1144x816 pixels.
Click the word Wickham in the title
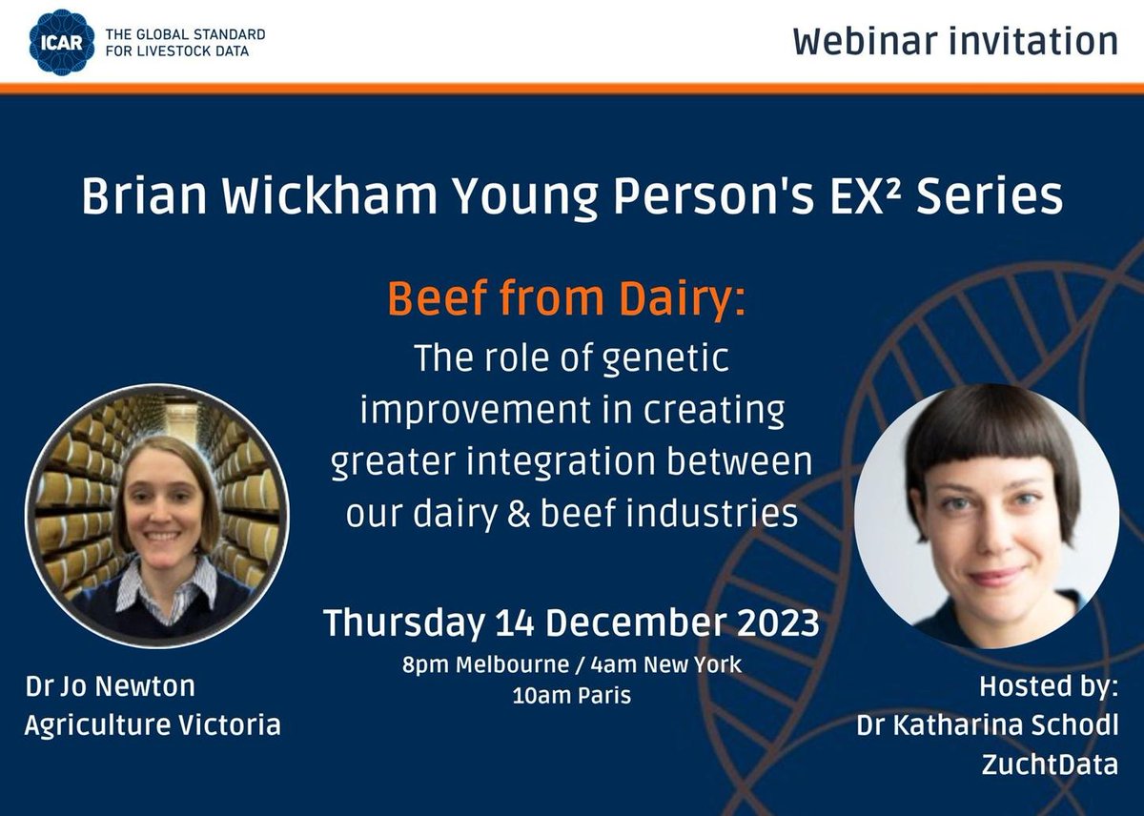305,197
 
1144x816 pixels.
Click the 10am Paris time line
571,696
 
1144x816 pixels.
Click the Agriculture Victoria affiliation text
153,724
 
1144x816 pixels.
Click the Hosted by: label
1049,686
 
